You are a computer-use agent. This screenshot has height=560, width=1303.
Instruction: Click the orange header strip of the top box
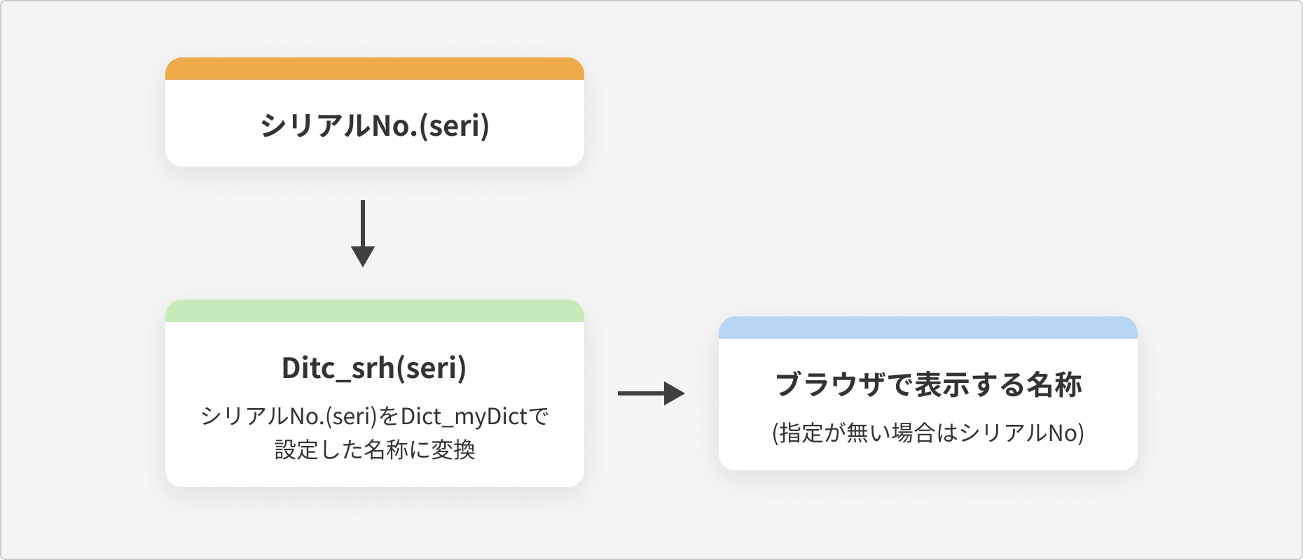point(375,69)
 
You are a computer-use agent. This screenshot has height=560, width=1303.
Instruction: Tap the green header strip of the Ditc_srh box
point(375,311)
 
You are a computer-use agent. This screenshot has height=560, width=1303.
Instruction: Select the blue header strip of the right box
point(928,328)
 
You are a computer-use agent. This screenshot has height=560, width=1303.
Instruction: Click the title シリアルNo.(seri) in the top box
point(375,126)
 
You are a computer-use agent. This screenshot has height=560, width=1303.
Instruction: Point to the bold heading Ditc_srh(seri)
point(374,368)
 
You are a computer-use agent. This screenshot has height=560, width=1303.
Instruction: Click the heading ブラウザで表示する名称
point(929,385)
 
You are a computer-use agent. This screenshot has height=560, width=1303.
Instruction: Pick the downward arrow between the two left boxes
point(363,234)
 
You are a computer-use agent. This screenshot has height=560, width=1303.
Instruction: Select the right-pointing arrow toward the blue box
point(651,393)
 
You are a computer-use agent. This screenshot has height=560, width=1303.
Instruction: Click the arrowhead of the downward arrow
point(363,257)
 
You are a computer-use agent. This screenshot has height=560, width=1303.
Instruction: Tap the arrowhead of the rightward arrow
point(675,393)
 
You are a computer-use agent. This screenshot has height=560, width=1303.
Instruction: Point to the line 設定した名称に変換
point(375,449)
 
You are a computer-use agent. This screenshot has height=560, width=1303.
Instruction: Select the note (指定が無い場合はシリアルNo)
point(928,433)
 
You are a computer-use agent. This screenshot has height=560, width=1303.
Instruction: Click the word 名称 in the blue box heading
point(1054,385)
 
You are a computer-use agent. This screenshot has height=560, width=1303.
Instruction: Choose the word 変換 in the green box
point(453,449)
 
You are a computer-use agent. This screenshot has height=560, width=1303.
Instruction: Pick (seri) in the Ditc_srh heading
point(432,368)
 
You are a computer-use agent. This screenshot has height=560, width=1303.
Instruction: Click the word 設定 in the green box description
point(296,449)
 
